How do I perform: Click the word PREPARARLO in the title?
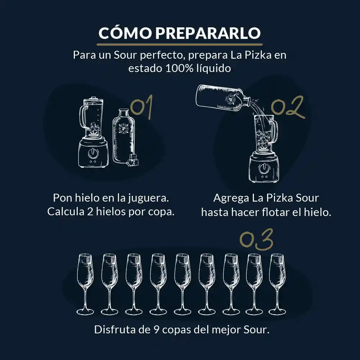[208, 33]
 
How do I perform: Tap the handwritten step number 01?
[141, 107]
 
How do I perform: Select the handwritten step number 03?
[256, 239]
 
